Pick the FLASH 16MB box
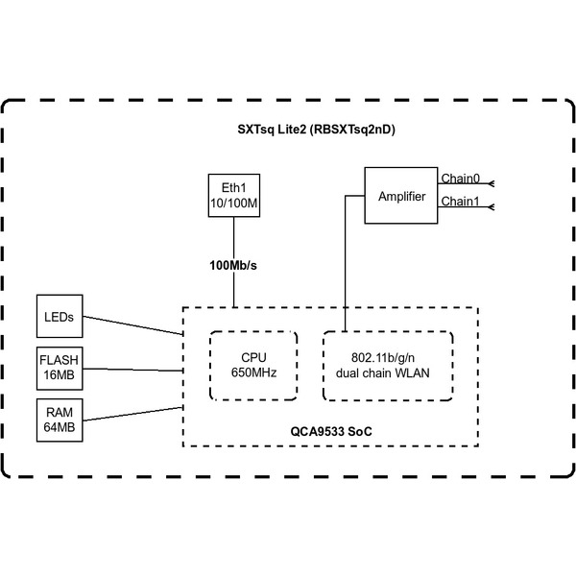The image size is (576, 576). click(59, 368)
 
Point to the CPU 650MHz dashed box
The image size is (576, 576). click(253, 367)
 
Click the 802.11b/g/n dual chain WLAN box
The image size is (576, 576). click(387, 367)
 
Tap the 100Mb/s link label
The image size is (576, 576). click(232, 264)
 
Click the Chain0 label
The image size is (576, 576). click(460, 179)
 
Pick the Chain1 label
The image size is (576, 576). click(460, 202)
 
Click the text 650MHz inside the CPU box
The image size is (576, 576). click(253, 374)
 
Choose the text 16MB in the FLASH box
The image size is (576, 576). click(59, 374)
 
